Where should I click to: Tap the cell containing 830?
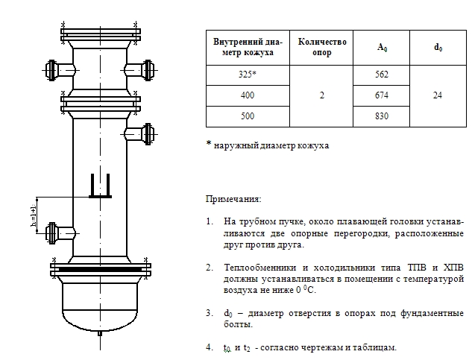point(382,116)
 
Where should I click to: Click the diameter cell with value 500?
point(248,116)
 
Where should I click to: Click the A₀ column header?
point(382,47)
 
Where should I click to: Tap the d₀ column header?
point(438,47)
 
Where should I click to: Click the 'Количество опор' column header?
point(322,47)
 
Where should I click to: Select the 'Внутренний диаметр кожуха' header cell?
point(248,47)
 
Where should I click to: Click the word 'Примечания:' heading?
point(233,200)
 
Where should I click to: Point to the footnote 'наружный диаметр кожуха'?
point(270,146)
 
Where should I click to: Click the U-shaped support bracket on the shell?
point(100,186)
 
